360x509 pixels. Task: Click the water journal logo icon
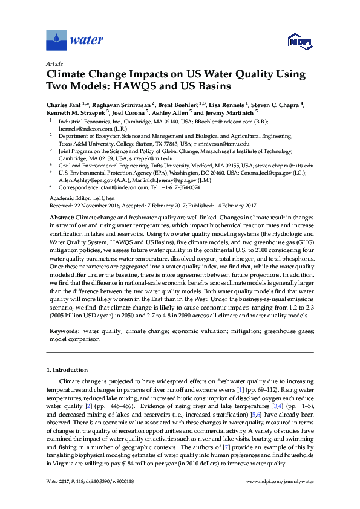click(x=57, y=41)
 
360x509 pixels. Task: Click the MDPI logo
click(x=299, y=41)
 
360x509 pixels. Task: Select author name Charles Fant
click(x=65, y=105)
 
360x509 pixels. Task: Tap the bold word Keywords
click(x=64, y=332)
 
